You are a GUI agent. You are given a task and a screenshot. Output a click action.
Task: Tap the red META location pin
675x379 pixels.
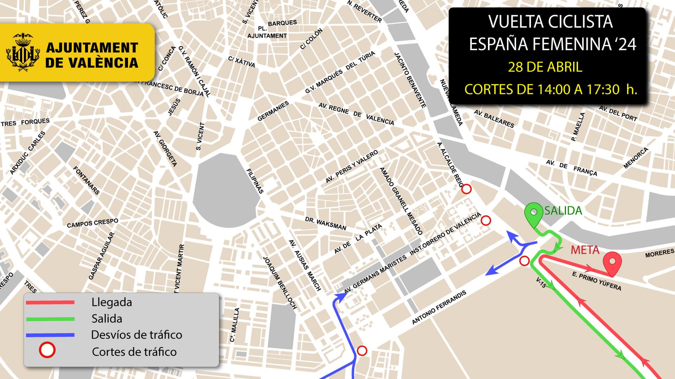click(612, 263)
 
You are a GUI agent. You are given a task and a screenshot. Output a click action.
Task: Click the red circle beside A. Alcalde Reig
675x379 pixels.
click(466, 189)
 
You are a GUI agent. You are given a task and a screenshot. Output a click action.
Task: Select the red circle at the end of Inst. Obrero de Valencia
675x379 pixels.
click(486, 220)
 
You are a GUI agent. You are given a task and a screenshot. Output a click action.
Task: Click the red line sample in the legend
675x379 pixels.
click(50, 302)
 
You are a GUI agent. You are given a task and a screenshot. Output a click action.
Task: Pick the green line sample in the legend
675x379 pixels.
click(50, 319)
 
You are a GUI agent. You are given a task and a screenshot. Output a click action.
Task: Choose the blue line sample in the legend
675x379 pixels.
click(50, 335)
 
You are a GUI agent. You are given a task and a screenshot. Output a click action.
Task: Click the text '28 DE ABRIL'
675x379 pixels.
click(545, 67)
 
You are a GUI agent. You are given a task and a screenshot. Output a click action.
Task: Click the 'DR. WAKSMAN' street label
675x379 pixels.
click(325, 223)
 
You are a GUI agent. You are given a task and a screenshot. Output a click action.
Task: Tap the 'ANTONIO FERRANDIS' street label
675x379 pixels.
click(439, 307)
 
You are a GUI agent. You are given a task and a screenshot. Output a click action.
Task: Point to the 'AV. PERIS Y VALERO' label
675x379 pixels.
click(351, 167)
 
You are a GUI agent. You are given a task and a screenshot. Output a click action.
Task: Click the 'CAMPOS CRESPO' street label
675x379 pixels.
click(92, 223)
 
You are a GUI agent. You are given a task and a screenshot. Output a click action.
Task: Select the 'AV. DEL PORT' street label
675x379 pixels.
click(618, 113)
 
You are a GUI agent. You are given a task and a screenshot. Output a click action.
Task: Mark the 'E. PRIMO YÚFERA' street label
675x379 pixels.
click(596, 281)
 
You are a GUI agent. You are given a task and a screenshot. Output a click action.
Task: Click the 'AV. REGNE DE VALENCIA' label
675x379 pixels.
click(356, 114)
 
